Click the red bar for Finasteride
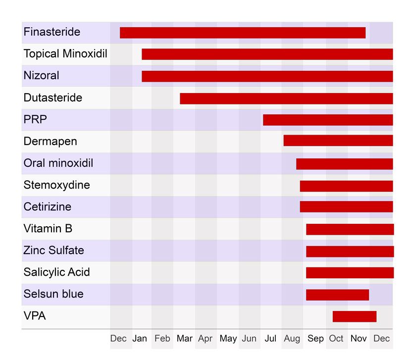pos(243,33)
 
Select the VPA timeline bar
pos(355,316)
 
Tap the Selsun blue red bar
pos(337,295)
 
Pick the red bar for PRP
pos(328,120)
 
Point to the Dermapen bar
pos(338,141)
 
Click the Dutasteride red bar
pos(286,98)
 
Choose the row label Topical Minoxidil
pos(65,54)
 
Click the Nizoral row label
pos(41,76)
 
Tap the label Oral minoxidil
pos(58,163)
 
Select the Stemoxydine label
pos(56,185)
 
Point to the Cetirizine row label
pos(47,207)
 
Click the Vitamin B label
pos(48,229)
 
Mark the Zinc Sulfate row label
pos(53,251)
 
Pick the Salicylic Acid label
pos(56,272)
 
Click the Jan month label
pos(140,339)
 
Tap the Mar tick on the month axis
pos(184,339)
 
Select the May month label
pos(228,339)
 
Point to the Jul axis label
pos(270,339)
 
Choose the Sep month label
pos(315,339)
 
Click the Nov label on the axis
pos(359,339)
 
